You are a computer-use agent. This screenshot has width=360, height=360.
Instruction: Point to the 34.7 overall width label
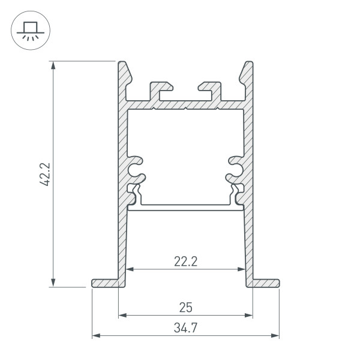[x=185, y=328]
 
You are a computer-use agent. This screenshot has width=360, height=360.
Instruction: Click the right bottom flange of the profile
[x=265, y=282]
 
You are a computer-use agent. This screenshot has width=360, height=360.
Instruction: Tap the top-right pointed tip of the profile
[x=248, y=64]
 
